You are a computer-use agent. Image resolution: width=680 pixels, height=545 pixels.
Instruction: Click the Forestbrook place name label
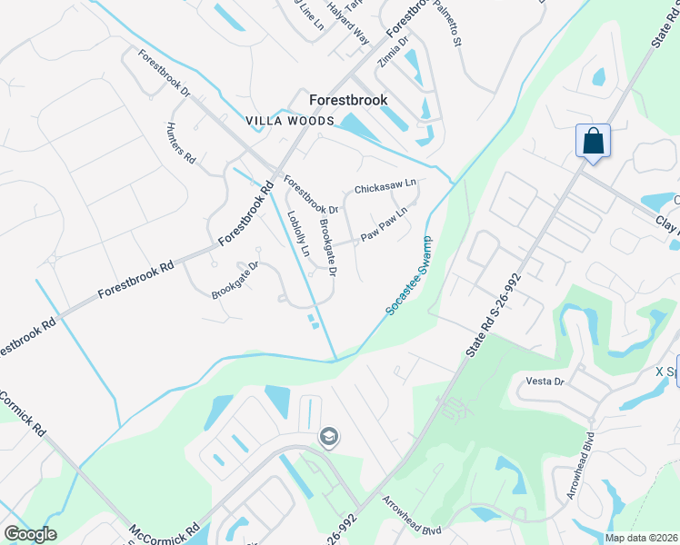pyautogui.click(x=348, y=101)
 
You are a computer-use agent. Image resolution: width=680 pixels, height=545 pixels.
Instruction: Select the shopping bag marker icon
pyautogui.click(x=593, y=142)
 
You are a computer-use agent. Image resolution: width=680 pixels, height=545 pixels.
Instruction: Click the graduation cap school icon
pyautogui.click(x=328, y=438)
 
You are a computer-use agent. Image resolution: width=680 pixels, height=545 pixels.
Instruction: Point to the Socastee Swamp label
pyautogui.click(x=408, y=276)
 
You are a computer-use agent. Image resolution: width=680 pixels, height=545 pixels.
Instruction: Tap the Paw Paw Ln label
pyautogui.click(x=383, y=224)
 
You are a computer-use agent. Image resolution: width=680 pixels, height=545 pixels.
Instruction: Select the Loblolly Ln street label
pyautogui.click(x=299, y=233)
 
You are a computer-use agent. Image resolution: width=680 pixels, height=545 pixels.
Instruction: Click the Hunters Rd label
pyautogui.click(x=181, y=143)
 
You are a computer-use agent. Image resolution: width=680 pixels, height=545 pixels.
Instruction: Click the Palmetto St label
pyautogui.click(x=451, y=26)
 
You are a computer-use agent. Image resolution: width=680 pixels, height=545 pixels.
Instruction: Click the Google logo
pyautogui.click(x=30, y=534)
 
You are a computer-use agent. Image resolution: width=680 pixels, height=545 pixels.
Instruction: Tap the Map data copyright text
pyautogui.click(x=641, y=538)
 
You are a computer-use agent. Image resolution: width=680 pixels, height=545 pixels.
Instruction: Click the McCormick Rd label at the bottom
pyautogui.click(x=164, y=532)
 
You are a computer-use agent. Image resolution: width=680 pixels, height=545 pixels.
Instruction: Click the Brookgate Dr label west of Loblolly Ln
pyautogui.click(x=235, y=281)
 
